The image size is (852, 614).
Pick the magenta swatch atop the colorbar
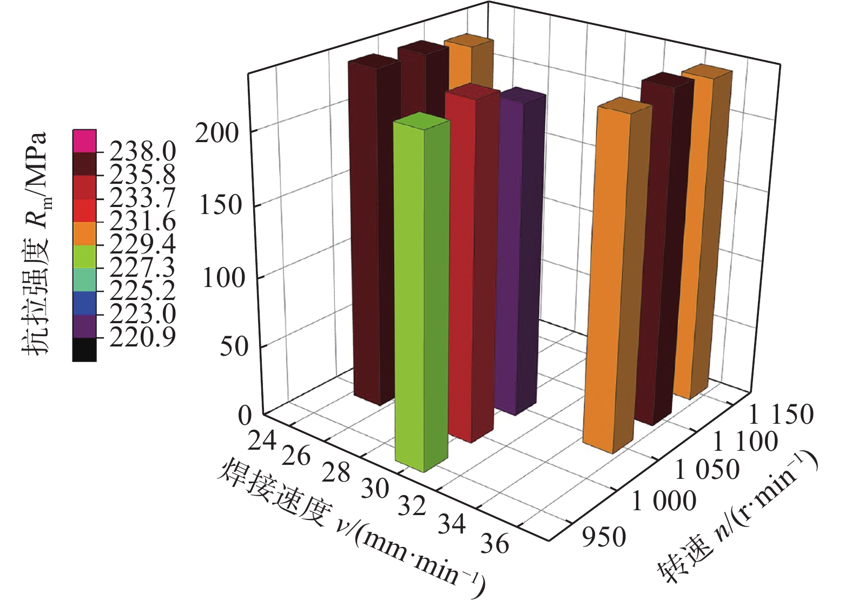84,141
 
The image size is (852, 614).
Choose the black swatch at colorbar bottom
84,350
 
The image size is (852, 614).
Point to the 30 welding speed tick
375,489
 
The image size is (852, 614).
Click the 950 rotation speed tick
604,537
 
